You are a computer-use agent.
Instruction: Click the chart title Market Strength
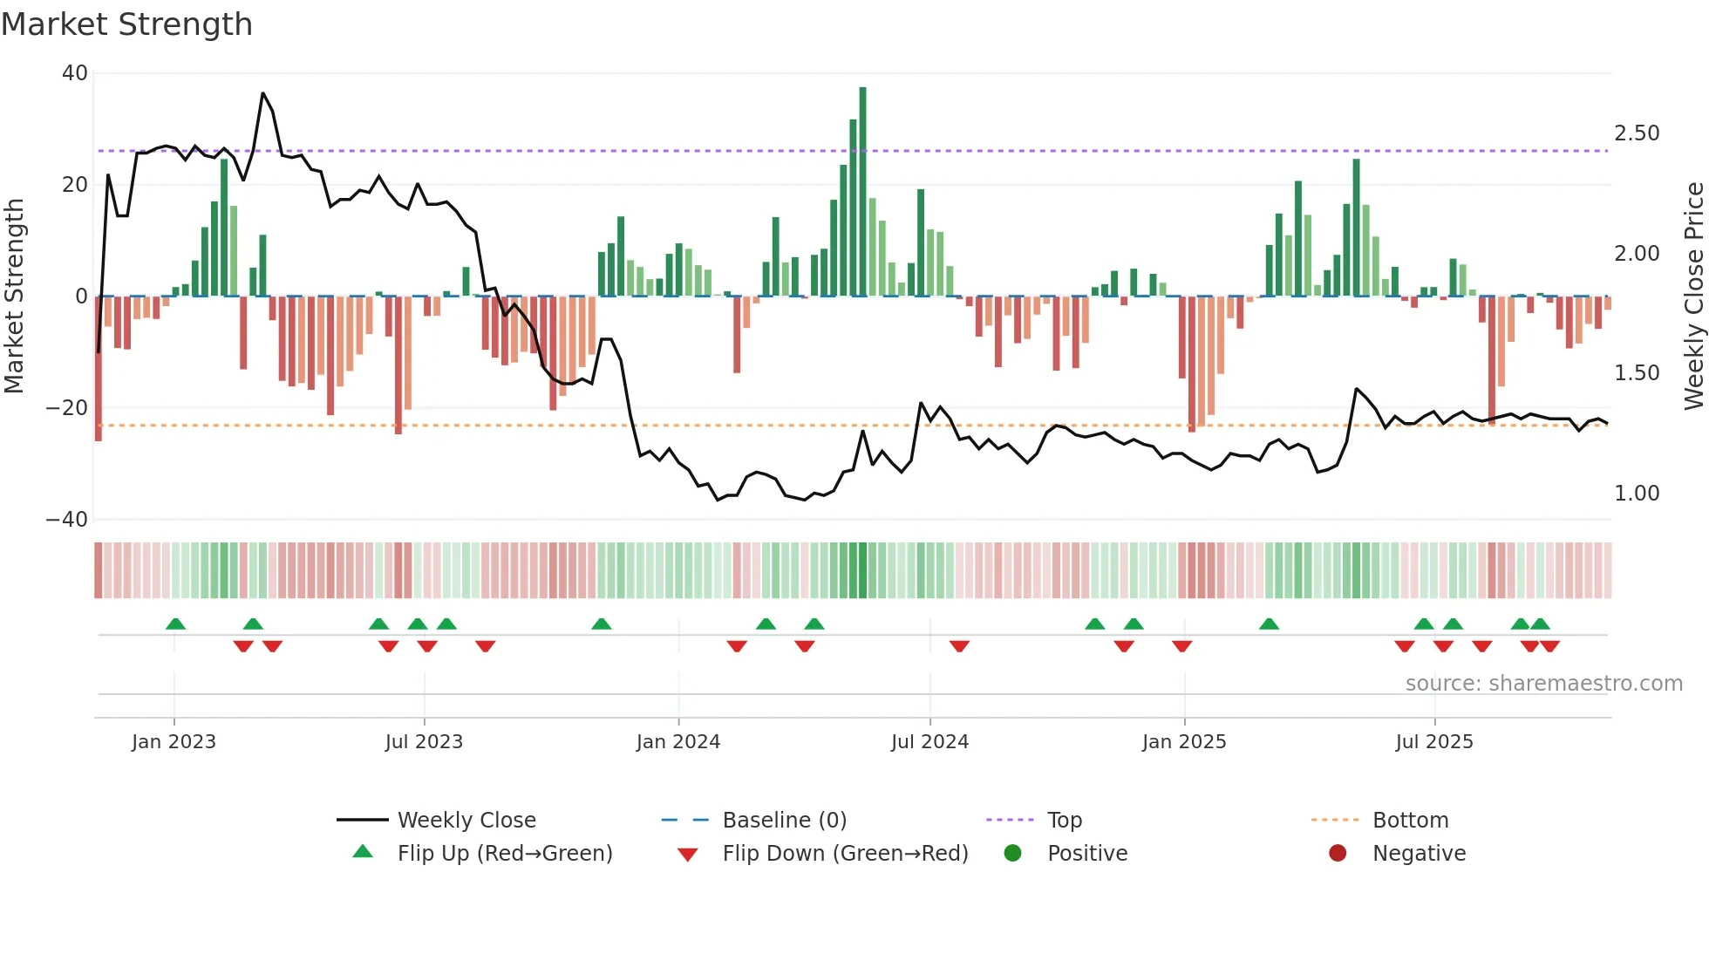[x=126, y=24]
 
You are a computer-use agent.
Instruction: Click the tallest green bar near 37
[x=862, y=192]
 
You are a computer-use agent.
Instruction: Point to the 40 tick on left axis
[x=75, y=73]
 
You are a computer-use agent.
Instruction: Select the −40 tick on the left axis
[x=67, y=520]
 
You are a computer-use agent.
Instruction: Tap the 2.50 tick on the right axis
[x=1637, y=133]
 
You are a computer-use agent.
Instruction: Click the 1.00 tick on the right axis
[x=1637, y=494]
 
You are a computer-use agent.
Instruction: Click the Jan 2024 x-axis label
[x=678, y=742]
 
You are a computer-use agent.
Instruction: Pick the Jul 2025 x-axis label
[x=1434, y=742]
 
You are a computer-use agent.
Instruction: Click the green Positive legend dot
[x=1012, y=854]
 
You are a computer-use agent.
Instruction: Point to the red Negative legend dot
[x=1338, y=854]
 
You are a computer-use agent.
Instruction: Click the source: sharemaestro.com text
[x=1543, y=684]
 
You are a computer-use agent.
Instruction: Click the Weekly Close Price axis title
[x=1693, y=296]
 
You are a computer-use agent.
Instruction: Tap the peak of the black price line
[x=262, y=93]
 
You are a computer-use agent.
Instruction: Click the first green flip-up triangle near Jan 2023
[x=175, y=624]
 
